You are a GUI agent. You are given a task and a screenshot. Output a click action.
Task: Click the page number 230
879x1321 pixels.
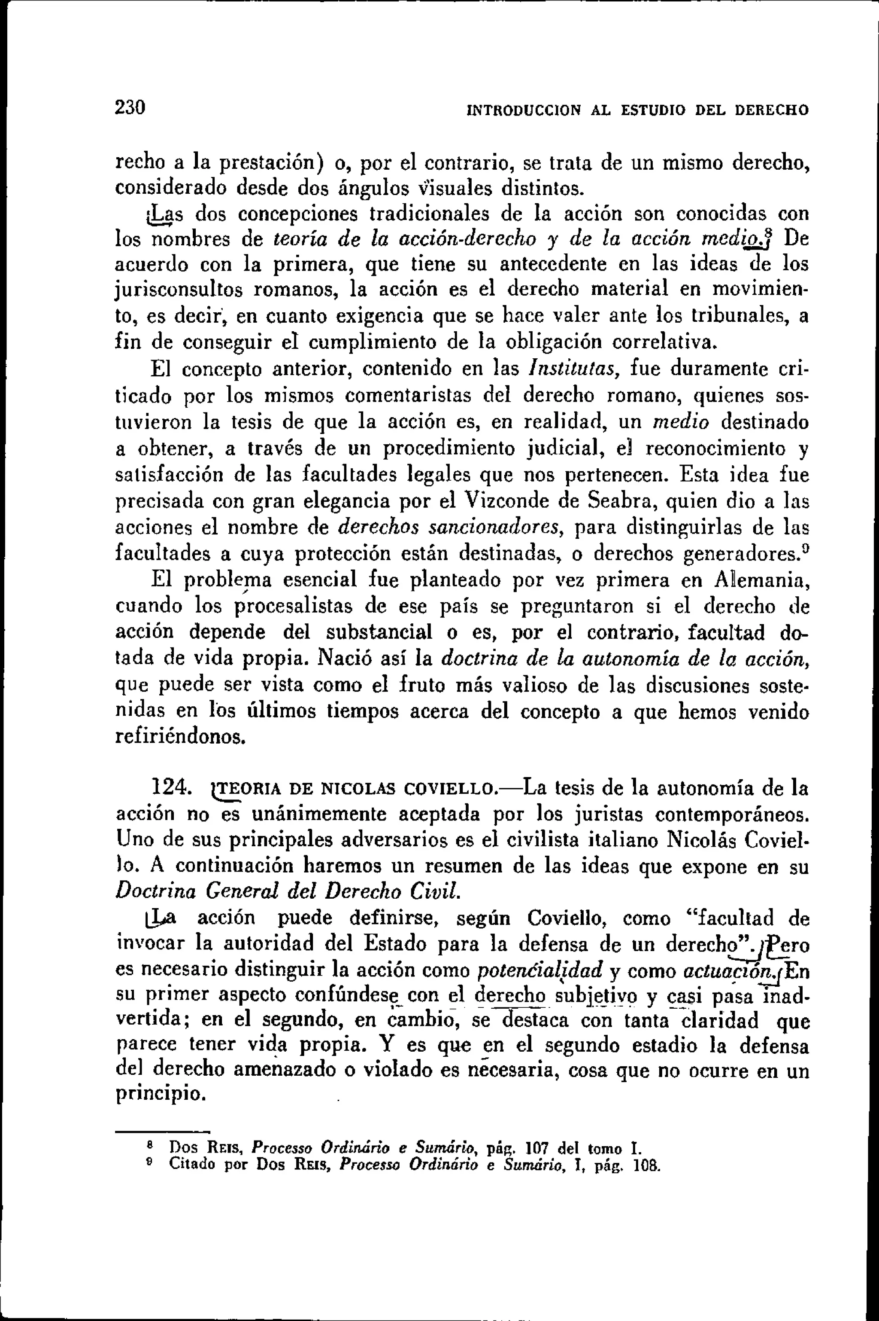(130, 107)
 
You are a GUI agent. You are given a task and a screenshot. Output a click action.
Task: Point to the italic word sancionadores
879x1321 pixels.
(496, 527)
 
